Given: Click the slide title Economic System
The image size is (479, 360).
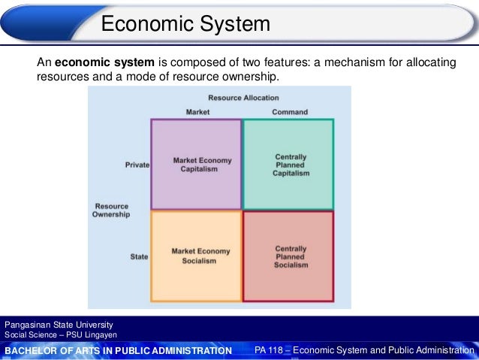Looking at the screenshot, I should [x=185, y=24].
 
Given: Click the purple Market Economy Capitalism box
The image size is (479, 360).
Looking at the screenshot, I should [x=196, y=164].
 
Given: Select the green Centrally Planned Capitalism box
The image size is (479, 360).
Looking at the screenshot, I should [x=288, y=164].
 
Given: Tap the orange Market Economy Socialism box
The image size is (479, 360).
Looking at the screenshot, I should [x=196, y=256].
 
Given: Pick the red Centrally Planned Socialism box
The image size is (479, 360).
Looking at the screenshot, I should [x=288, y=256].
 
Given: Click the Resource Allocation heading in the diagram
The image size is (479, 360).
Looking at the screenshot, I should [x=243, y=98].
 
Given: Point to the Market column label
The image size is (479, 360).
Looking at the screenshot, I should [x=197, y=112].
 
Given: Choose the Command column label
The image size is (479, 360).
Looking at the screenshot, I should [x=290, y=112].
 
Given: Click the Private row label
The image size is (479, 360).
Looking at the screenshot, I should [x=137, y=165].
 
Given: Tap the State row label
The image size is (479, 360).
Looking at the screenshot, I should [x=139, y=256].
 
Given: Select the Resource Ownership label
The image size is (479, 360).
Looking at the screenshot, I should [x=111, y=210].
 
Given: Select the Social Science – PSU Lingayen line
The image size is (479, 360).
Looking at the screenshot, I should [x=61, y=334].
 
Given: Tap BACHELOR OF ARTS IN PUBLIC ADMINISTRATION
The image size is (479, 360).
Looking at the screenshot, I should [x=119, y=350].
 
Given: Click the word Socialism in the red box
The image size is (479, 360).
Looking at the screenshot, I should [x=291, y=265].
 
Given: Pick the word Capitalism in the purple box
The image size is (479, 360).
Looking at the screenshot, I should [x=199, y=169].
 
